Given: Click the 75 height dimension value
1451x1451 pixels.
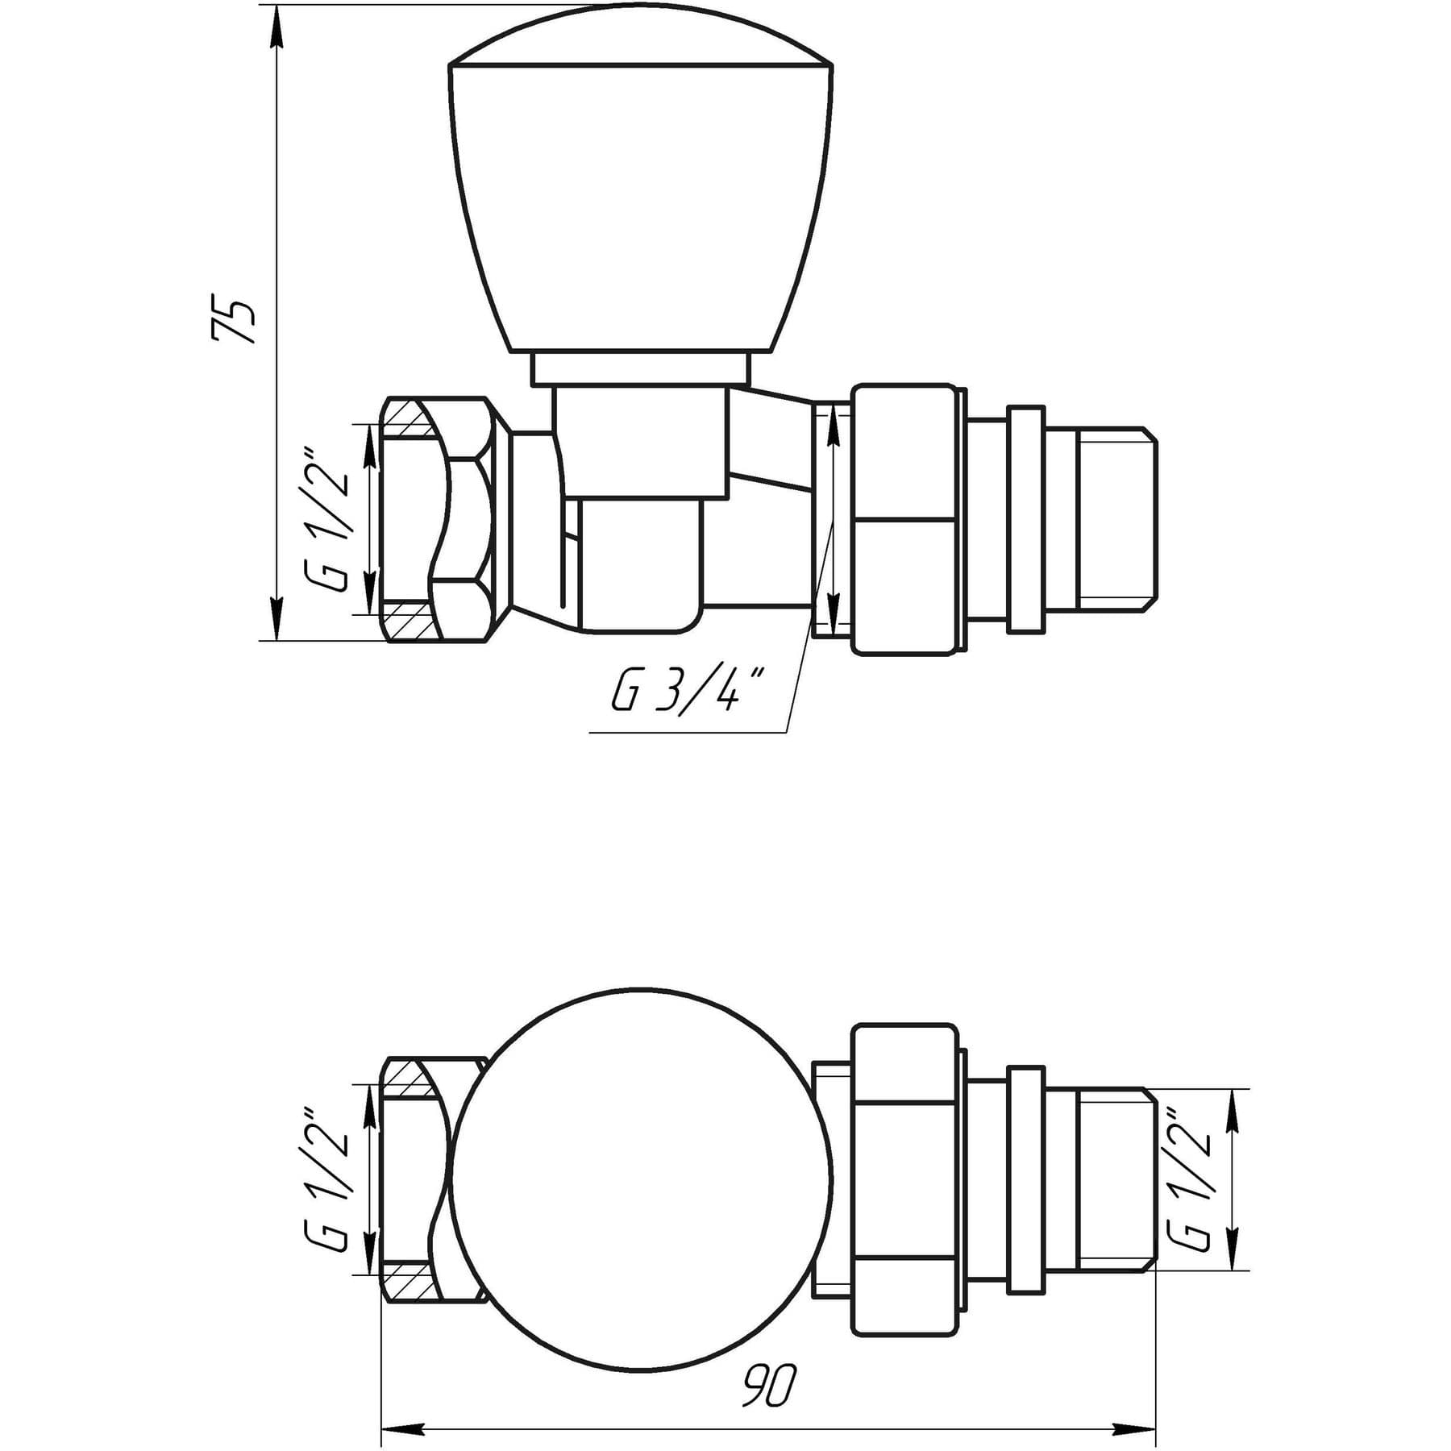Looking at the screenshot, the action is tap(234, 321).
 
